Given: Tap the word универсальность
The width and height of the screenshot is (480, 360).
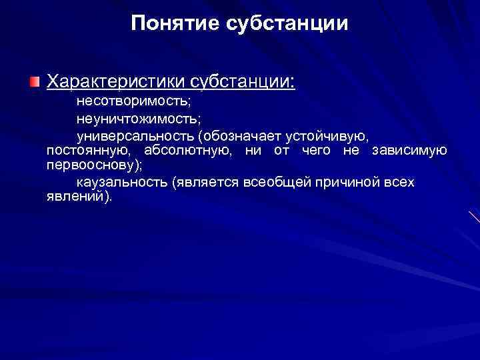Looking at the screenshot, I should tap(133, 136).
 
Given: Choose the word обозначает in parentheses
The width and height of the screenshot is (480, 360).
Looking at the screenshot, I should tap(239, 136).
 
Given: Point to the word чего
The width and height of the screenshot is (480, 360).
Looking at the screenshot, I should tap(316, 150).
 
